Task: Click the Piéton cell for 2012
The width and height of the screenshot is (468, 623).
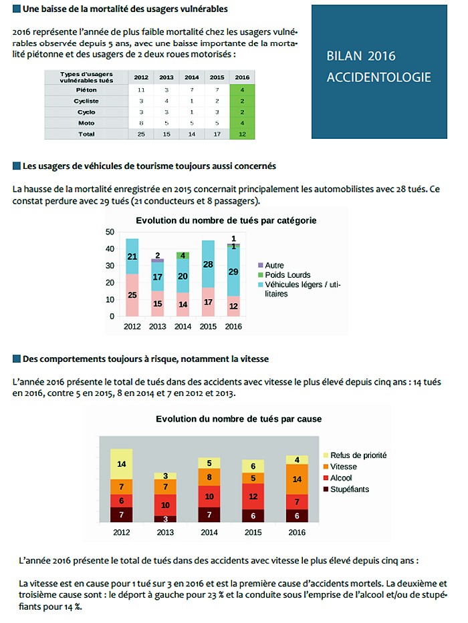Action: click(x=141, y=90)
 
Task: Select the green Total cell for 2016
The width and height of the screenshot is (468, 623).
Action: click(x=242, y=134)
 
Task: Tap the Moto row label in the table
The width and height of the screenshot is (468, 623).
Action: click(x=86, y=123)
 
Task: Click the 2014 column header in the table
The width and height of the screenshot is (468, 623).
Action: click(x=191, y=77)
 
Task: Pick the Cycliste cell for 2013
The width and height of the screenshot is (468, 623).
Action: click(x=166, y=101)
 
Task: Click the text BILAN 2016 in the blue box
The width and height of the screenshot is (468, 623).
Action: click(x=361, y=56)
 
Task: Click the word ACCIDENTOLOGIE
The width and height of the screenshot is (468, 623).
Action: click(x=379, y=77)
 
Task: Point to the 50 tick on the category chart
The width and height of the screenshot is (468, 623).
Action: click(x=110, y=232)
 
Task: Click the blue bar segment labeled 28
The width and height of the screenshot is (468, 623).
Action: click(x=208, y=264)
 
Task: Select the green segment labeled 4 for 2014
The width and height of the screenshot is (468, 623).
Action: click(x=183, y=256)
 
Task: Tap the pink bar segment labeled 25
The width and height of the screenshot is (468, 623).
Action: click(x=132, y=295)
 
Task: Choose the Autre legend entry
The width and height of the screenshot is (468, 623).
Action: click(x=271, y=265)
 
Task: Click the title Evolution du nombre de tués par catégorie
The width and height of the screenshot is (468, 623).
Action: click(x=226, y=220)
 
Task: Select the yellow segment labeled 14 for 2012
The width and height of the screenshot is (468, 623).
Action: click(x=122, y=464)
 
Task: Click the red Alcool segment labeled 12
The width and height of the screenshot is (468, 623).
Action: click(x=253, y=497)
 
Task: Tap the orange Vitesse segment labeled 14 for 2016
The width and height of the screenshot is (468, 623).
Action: click(x=297, y=479)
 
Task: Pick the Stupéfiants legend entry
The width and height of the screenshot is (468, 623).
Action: click(x=346, y=489)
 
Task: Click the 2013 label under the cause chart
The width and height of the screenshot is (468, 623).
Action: click(x=165, y=532)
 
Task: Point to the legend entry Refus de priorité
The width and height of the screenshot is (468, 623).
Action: click(x=355, y=455)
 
